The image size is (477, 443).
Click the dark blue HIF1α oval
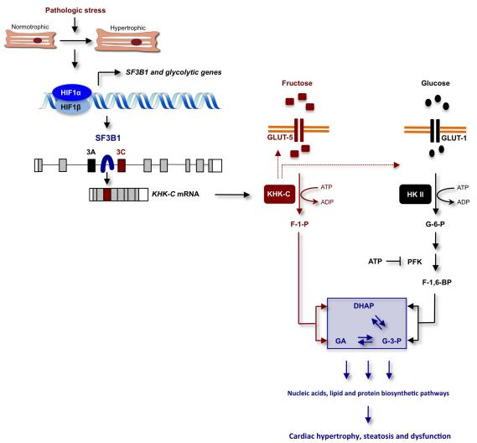point(72,92)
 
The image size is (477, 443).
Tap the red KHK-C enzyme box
point(279,194)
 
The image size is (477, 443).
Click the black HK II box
point(415,194)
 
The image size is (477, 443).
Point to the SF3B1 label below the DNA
point(108,138)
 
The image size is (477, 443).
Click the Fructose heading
point(297,83)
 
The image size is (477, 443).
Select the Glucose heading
point(435,83)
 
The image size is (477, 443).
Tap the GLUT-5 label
point(280,138)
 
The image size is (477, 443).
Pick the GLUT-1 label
point(454,138)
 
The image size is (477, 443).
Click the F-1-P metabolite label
point(299,224)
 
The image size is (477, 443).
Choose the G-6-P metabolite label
point(435,224)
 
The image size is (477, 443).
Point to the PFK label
point(415,262)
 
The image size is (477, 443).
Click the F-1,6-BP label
point(437,283)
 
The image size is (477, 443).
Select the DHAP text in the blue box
point(364,305)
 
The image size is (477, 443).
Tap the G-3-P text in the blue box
point(391,341)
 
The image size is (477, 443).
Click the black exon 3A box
point(91,165)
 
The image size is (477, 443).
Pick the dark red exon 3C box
point(122,165)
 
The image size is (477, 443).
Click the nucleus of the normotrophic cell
point(38,40)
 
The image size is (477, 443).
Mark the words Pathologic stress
point(75,10)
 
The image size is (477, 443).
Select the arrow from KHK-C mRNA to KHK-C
point(232,195)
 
